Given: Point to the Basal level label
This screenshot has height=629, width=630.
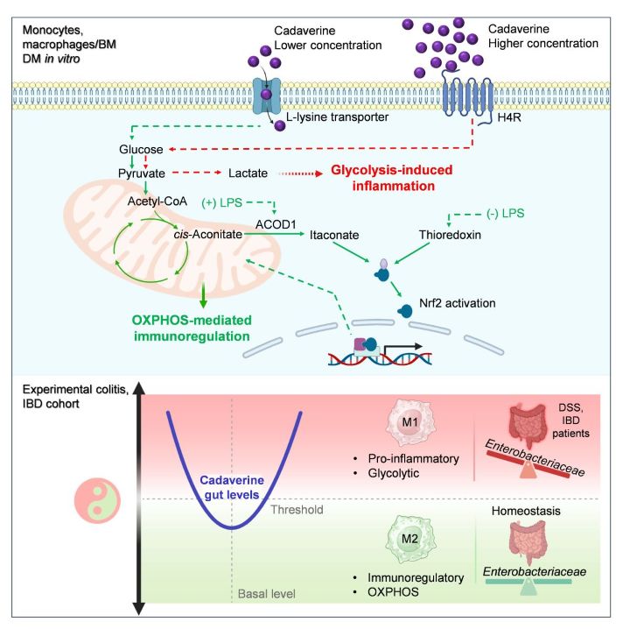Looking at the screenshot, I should tap(266, 594).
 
